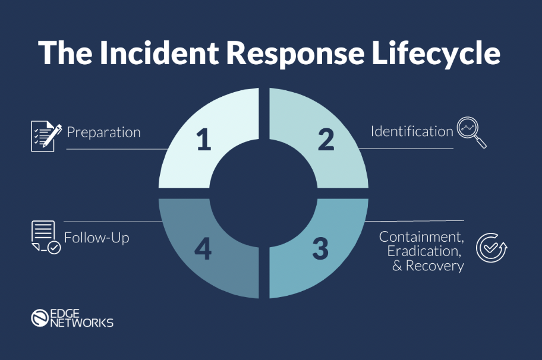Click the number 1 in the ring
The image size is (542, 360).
click(203, 140)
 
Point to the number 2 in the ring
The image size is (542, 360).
click(325, 140)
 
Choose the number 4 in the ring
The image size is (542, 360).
click(203, 250)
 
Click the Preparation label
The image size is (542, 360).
click(103, 132)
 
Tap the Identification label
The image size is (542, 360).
click(412, 131)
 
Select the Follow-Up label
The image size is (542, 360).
click(96, 238)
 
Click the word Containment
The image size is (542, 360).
click(421, 236)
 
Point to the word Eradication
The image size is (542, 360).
click(425, 251)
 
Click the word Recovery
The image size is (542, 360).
click(436, 266)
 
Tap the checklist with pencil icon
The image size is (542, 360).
click(46, 135)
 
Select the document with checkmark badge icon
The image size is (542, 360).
click(45, 238)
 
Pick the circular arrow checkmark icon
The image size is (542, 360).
click(492, 248)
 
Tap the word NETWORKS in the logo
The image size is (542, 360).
click(82, 323)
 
